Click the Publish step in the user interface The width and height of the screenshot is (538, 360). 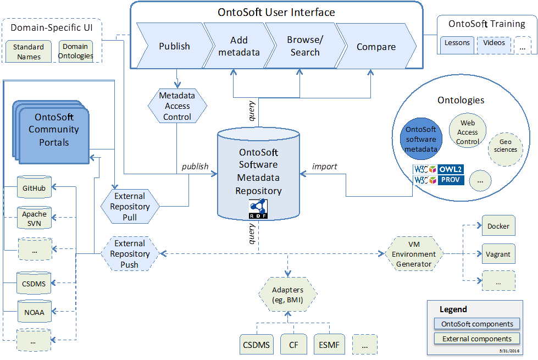tap(174, 46)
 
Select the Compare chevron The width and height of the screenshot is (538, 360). tap(376, 47)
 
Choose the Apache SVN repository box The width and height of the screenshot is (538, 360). tap(34, 218)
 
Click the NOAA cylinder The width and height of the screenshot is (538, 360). tap(34, 312)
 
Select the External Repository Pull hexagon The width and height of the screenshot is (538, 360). tap(130, 207)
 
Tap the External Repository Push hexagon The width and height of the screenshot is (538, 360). tap(130, 254)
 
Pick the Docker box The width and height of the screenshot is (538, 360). tap(498, 226)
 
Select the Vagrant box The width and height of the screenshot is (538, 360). tap(498, 254)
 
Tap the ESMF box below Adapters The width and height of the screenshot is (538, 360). tap(329, 345)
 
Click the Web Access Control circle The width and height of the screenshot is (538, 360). tap(467, 132)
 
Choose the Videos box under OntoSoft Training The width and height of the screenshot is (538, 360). tap(494, 43)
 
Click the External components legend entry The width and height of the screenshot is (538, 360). tap(476, 339)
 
